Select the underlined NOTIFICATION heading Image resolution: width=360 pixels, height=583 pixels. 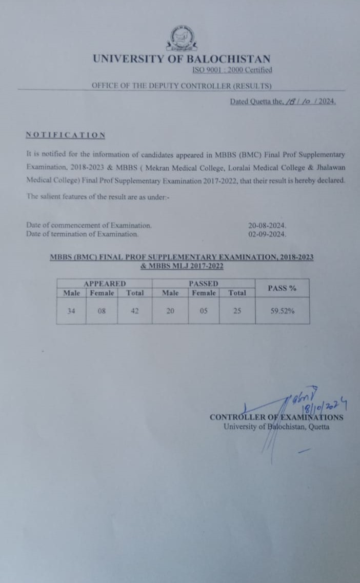66,135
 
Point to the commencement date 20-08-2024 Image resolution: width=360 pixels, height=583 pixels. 267,225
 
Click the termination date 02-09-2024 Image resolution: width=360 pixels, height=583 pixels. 267,234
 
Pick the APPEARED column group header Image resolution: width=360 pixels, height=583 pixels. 104,284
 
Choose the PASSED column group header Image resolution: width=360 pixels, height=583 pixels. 203,284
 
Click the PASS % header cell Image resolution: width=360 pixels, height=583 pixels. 282,288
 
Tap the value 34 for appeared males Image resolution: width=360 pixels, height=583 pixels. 71,310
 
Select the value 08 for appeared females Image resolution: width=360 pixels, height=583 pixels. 102,310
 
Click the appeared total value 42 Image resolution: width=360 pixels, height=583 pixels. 134,310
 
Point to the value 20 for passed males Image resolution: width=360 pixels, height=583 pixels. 170,310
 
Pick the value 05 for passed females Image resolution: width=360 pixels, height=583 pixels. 204,310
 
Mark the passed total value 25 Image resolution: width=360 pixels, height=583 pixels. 237,310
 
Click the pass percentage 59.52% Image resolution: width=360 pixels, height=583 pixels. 283,310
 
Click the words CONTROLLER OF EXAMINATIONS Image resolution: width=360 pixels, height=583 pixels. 276,417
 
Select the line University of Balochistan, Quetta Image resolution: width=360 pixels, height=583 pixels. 276,427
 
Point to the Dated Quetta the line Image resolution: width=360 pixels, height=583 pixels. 283,101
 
